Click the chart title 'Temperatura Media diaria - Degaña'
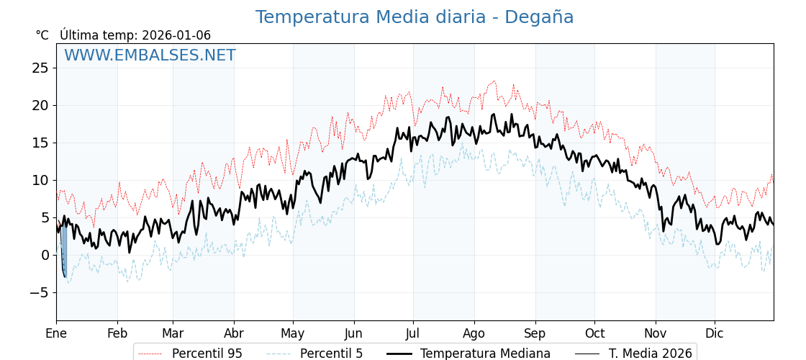[415, 17]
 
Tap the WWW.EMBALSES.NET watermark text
[150, 55]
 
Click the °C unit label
[42, 35]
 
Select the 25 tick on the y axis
[40, 68]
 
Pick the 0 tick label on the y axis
[45, 255]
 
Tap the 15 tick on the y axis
[40, 143]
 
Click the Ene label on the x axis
[56, 333]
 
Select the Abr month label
[234, 333]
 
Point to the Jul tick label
[413, 333]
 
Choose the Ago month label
[474, 333]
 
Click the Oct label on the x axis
[594, 333]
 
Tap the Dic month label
[715, 333]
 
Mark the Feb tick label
[117, 333]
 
